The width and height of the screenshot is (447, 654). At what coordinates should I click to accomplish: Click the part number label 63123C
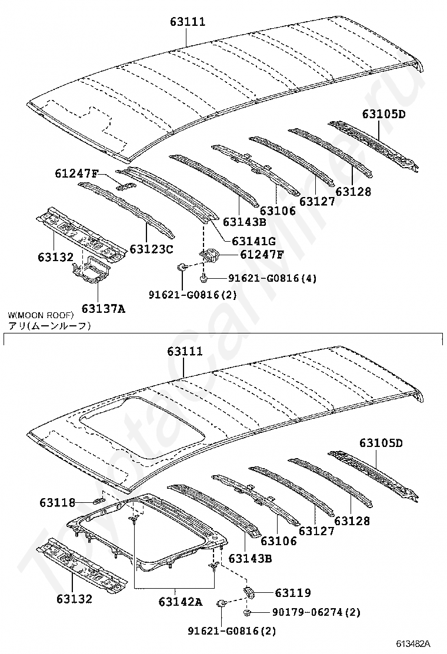pyautogui.click(x=151, y=249)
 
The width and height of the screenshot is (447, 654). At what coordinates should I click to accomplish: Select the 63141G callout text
pyautogui.click(x=253, y=241)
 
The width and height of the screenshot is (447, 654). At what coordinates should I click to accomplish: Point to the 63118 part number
pyautogui.click(x=58, y=502)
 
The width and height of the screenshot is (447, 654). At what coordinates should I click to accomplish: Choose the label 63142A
pyautogui.click(x=180, y=602)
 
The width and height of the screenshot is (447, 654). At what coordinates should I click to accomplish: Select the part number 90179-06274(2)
pyautogui.click(x=316, y=613)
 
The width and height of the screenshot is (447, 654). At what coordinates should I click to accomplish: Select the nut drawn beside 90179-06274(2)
pyautogui.click(x=248, y=613)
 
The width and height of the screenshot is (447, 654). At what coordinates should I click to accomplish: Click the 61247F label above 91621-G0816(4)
pyautogui.click(x=261, y=255)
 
